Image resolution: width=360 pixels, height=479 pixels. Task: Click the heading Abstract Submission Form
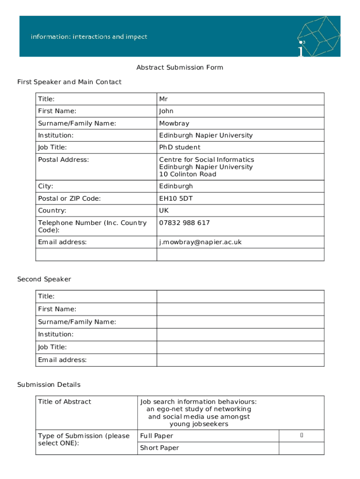[180, 67]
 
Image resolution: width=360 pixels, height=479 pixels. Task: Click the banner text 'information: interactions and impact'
[89, 36]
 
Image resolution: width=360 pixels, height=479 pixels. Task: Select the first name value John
[166, 111]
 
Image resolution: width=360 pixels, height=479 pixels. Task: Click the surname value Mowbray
[174, 123]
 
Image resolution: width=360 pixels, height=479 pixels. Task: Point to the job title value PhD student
[180, 147]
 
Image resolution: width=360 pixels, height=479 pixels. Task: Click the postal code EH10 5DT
[176, 199]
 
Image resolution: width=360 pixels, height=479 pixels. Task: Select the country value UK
[164, 211]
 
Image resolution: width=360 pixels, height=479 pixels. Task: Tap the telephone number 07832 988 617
[184, 223]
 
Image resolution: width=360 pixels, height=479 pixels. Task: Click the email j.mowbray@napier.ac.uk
[200, 242]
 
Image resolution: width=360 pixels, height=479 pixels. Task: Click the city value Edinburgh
[176, 186]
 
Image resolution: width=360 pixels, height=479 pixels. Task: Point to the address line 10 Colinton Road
[187, 174]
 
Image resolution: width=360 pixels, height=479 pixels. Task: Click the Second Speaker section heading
[44, 279]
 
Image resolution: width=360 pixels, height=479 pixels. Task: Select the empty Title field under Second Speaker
[240, 297]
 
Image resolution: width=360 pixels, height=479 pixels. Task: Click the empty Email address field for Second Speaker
[240, 360]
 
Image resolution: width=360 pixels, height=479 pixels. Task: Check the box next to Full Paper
[302, 436]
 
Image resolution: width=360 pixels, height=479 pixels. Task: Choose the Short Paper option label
[159, 448]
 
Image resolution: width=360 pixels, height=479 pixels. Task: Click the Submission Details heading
[49, 385]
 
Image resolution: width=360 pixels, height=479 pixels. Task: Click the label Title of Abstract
[65, 402]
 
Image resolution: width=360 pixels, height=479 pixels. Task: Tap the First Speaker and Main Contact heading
[69, 82]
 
